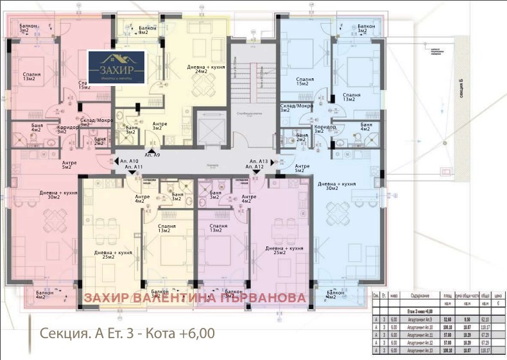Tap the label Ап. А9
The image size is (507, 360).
point(153,155)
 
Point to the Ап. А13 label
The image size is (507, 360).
point(259,160)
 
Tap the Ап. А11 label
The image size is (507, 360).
point(132,167)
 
